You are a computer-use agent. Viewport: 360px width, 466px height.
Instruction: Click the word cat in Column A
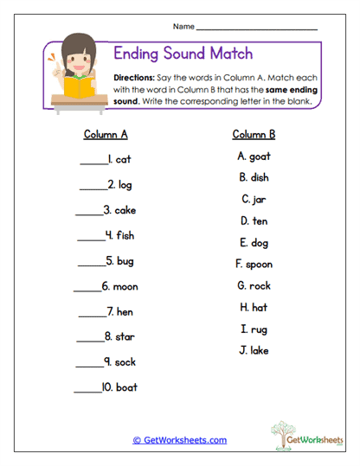pyautogui.click(x=123, y=159)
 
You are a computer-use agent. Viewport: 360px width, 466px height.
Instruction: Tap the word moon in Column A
pyautogui.click(x=125, y=286)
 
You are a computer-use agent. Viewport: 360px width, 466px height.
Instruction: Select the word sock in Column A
pyautogui.click(x=124, y=362)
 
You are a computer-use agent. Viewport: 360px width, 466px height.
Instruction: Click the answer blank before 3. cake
pyautogui.click(x=88, y=211)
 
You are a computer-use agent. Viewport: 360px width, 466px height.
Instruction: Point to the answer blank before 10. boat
pyautogui.click(x=87, y=388)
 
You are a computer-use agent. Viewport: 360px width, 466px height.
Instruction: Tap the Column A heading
pyautogui.click(x=106, y=134)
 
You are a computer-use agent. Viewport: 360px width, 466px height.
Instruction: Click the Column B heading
pyautogui.click(x=254, y=134)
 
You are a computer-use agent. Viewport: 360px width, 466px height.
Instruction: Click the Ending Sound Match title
pyautogui.click(x=184, y=54)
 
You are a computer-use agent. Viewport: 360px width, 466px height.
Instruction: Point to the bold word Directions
pyautogui.click(x=134, y=77)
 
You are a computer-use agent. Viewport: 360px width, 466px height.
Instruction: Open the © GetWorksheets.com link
pyautogui.click(x=180, y=440)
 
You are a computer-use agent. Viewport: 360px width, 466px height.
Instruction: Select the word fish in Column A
pyautogui.click(x=123, y=236)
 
